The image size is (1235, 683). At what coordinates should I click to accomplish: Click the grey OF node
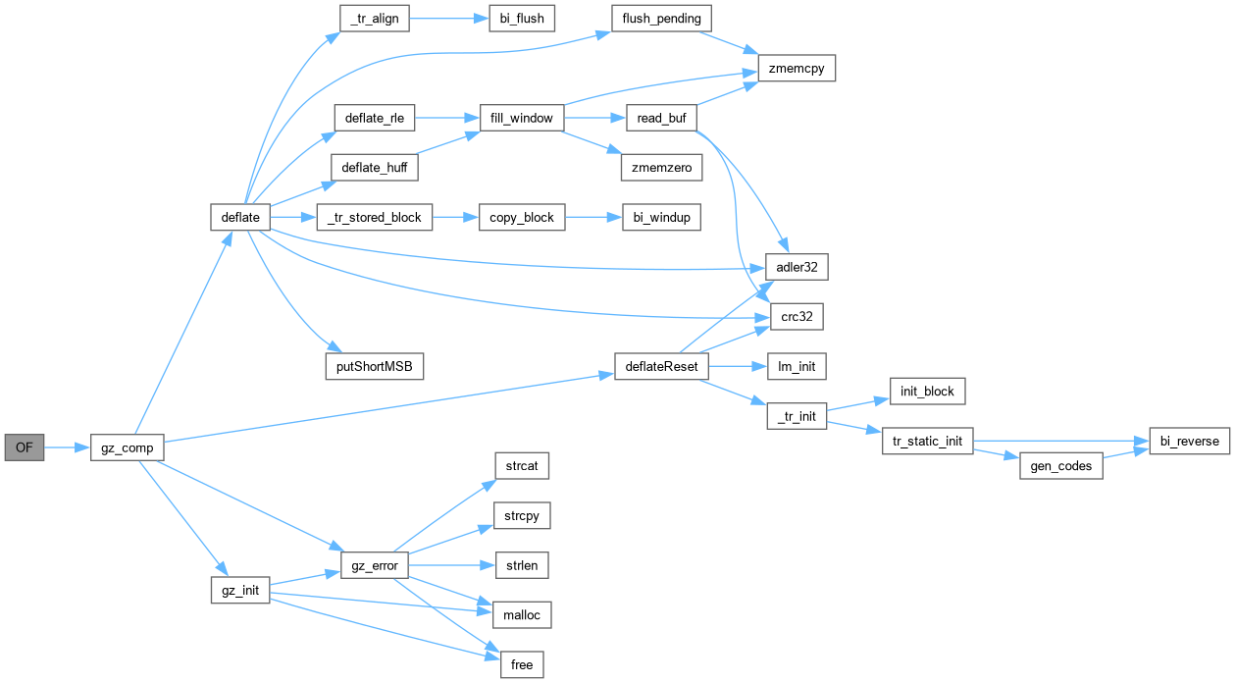click(25, 447)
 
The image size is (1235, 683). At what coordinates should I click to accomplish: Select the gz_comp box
click(127, 447)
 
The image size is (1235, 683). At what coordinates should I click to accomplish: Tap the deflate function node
click(240, 217)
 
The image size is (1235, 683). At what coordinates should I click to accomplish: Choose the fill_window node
click(522, 118)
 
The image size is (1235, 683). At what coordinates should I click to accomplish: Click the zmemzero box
click(660, 168)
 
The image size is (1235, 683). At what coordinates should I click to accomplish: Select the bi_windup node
click(661, 217)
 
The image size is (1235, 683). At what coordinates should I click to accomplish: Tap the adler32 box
click(797, 267)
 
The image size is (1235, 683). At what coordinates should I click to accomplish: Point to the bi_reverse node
click(1188, 441)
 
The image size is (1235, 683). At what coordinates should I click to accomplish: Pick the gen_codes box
click(1060, 466)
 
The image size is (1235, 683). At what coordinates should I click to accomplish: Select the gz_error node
click(373, 565)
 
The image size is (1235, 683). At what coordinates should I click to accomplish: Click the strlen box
click(522, 565)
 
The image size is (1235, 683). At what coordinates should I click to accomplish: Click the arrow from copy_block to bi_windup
click(593, 217)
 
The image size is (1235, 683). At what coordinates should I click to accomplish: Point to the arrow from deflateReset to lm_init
click(736, 366)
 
